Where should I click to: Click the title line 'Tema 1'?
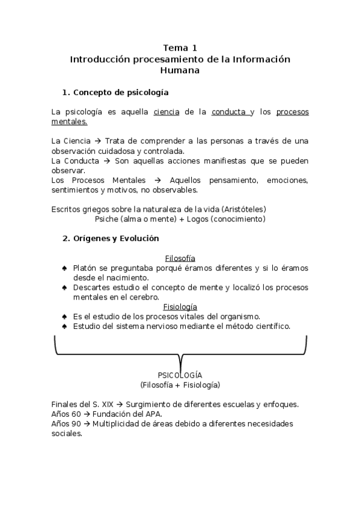click(x=180, y=48)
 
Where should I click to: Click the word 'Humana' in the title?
click(x=180, y=70)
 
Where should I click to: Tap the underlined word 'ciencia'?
click(x=166, y=112)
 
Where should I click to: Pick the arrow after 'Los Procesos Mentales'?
click(x=158, y=180)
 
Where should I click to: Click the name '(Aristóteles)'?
click(x=243, y=209)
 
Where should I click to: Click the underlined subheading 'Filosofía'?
click(x=180, y=258)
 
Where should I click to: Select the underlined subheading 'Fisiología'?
click(x=180, y=306)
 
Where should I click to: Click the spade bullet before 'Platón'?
click(x=64, y=268)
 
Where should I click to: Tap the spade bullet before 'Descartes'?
click(x=64, y=287)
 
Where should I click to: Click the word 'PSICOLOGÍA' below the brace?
click(x=180, y=375)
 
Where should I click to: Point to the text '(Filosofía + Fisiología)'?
click(x=180, y=384)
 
